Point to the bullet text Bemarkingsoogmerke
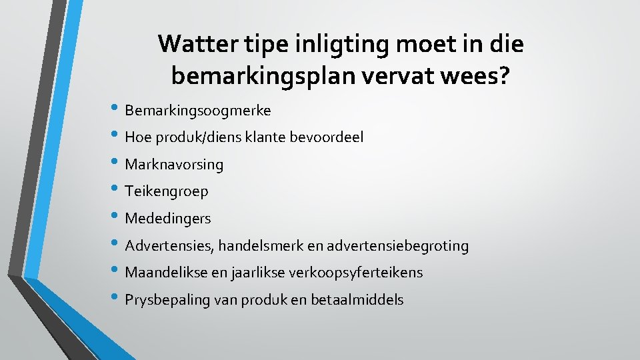[197, 109]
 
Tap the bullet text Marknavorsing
[174, 164]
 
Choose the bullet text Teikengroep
[167, 191]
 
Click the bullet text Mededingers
[168, 219]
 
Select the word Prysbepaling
[166, 300]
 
